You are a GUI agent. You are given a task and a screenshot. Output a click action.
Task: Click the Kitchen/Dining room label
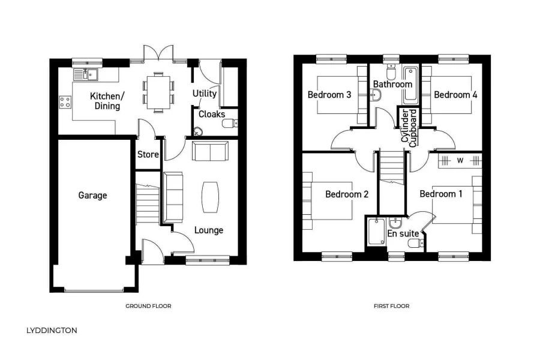tap(107, 101)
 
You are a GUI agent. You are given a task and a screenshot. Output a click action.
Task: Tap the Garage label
tap(92, 195)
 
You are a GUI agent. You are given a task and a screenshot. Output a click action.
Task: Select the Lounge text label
tap(208, 230)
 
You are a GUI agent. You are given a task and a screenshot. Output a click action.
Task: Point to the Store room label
tap(148, 154)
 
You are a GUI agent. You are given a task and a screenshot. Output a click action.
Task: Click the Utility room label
tap(205, 94)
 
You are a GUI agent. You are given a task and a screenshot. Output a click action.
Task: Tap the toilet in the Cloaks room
tap(229, 124)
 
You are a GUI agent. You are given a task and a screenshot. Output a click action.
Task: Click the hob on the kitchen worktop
tap(65, 103)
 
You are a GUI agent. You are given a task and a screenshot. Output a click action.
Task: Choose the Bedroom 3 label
tap(329, 95)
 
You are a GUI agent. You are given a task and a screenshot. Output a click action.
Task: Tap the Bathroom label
tap(392, 85)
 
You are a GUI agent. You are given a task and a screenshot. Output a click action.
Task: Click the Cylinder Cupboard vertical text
tap(408, 127)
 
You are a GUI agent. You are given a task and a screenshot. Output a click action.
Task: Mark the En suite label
tap(403, 233)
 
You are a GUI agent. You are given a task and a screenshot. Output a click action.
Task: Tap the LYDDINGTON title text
tap(52, 330)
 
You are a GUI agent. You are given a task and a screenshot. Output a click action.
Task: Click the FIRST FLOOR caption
tap(391, 306)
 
